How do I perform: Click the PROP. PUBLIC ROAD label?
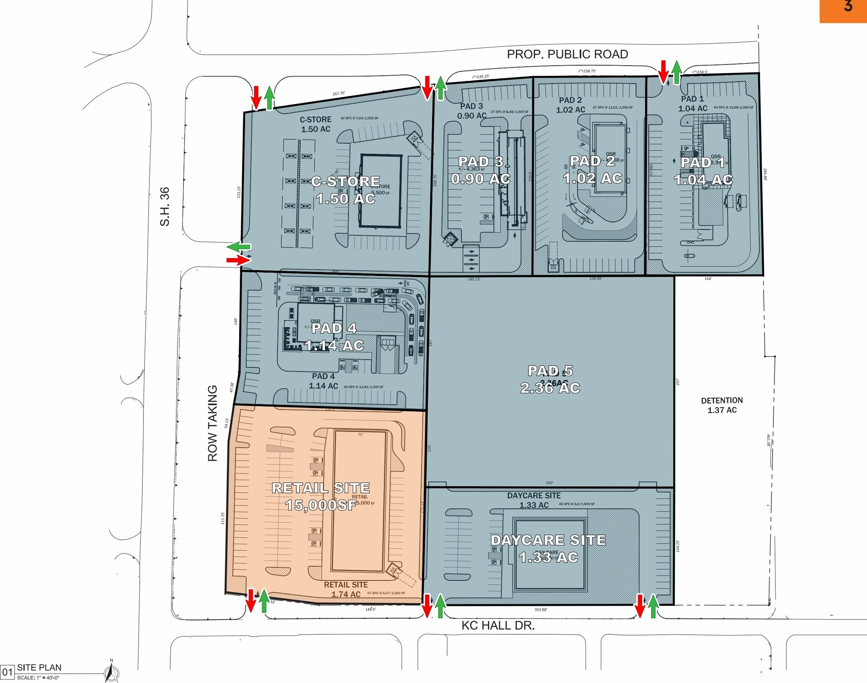567,54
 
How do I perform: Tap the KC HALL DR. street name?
498,625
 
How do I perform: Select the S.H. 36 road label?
165,207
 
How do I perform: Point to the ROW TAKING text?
213,423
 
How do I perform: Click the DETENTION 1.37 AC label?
722,405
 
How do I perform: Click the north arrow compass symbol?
111,672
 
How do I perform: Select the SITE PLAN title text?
39,667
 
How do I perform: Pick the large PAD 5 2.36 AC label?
550,379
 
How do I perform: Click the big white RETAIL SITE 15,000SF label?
320,496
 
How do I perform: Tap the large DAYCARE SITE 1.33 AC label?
548,548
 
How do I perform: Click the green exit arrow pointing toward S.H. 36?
238,246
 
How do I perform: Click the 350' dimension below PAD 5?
549,483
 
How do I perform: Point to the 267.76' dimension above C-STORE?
339,94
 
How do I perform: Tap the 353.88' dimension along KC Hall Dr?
541,610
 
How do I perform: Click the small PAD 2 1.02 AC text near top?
570,105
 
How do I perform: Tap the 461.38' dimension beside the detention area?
768,440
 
